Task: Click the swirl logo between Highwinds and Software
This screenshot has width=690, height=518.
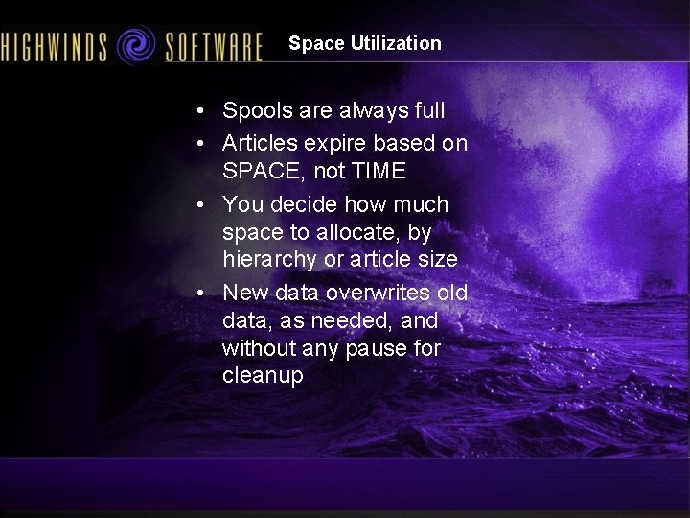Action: click(x=135, y=44)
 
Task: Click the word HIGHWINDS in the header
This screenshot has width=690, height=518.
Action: click(x=55, y=45)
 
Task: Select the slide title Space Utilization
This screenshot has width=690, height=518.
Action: click(x=365, y=43)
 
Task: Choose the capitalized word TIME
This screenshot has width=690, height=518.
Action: click(x=379, y=172)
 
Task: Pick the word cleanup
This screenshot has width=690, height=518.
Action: click(x=263, y=376)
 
